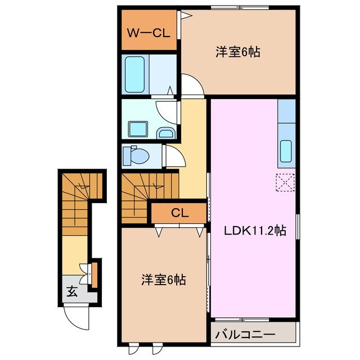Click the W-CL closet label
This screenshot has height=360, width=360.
tap(147, 33)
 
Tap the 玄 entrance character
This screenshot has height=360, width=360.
tap(73, 291)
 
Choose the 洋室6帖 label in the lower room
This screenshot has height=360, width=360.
tap(163, 278)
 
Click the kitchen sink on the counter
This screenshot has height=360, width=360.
tap(286, 151)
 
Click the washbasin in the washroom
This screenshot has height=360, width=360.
tap(165, 132)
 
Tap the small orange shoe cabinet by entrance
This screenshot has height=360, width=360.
tap(94, 273)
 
